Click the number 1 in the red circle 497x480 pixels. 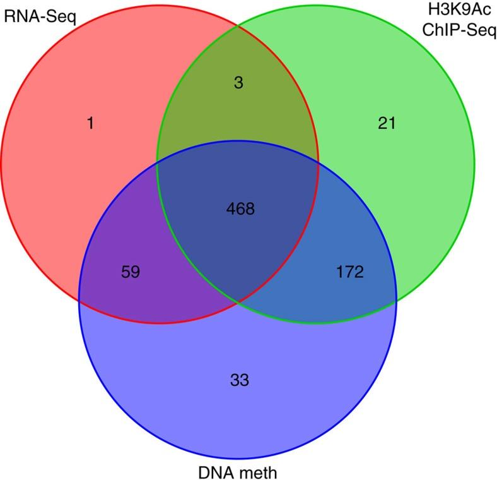pos(90,124)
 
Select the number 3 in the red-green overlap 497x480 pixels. pos(238,83)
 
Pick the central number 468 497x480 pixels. pos(240,209)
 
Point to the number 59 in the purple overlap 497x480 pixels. pos(131,273)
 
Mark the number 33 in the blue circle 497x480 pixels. pos(240,380)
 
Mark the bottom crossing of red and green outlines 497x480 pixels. pos(238,301)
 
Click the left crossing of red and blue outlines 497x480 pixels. pos(79,297)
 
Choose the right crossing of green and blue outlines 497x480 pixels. pos(397,297)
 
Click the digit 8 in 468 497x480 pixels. pos(250,209)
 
